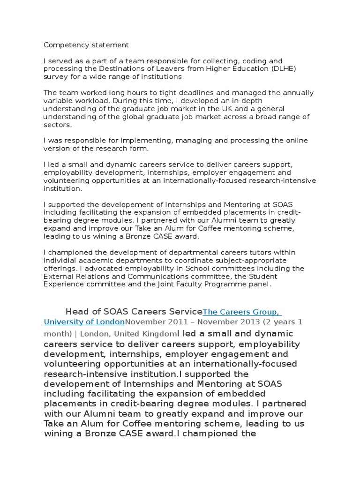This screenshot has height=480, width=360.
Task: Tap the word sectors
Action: click(58, 124)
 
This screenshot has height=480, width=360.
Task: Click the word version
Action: click(57, 149)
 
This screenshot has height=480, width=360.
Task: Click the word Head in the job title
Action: click(76, 312)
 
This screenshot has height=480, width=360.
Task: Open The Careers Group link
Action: click(241, 312)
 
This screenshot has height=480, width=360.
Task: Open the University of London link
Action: click(84, 322)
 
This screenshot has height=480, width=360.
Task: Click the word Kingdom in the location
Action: click(159, 334)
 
